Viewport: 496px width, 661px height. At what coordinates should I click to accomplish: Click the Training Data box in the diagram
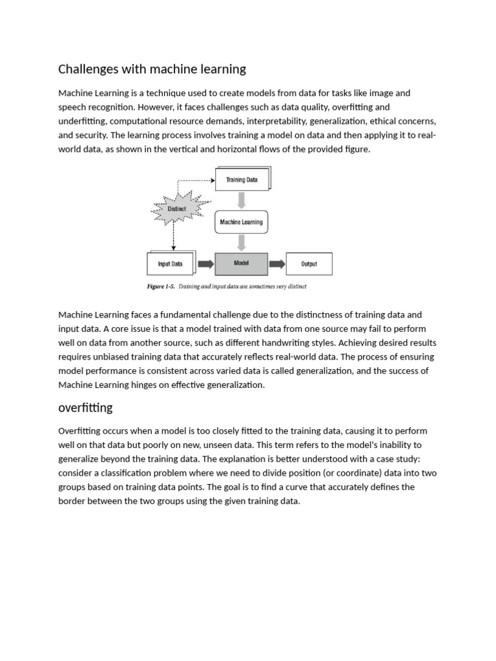[242, 180]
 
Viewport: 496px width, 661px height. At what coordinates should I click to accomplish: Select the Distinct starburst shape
[177, 209]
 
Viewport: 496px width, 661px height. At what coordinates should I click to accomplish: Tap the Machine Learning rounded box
[241, 222]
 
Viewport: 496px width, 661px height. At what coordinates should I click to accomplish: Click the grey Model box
[241, 263]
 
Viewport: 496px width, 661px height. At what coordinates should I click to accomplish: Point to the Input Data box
[170, 264]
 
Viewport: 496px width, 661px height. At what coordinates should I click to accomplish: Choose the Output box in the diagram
[309, 264]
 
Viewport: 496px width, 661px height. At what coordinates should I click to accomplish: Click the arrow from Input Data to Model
[205, 264]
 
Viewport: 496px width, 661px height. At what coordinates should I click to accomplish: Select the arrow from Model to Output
[276, 264]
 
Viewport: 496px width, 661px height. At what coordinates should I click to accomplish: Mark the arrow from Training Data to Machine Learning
[242, 200]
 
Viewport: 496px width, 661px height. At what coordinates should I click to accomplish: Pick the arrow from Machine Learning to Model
[242, 242]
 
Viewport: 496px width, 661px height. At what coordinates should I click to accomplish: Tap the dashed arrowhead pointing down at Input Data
[173, 249]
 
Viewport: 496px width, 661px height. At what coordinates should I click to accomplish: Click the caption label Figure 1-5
[161, 286]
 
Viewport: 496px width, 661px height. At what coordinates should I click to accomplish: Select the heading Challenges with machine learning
[152, 68]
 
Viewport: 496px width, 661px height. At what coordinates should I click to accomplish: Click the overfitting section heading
[85, 407]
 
